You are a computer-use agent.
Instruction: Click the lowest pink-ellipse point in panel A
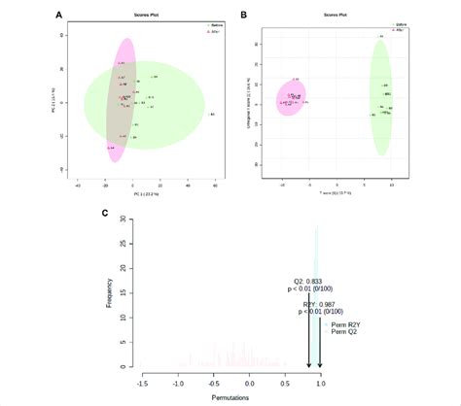coord(112,147)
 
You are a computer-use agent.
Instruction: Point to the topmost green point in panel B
coord(380,37)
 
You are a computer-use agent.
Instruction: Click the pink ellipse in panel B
coord(291,97)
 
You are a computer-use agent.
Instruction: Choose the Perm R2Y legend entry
coord(344,324)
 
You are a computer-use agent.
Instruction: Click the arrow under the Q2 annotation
coord(308,340)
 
